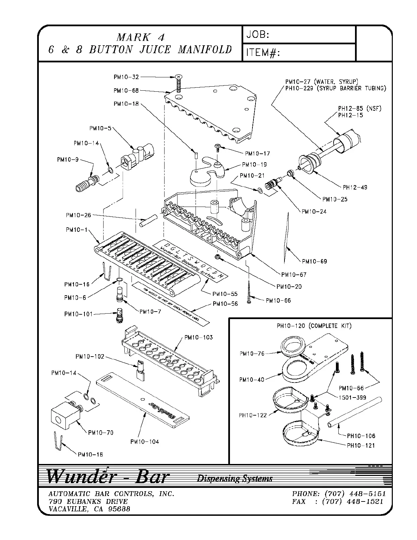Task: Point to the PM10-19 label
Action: tap(254, 165)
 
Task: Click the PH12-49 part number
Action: tap(355, 187)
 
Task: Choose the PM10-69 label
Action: tap(314, 261)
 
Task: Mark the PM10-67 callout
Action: tap(294, 274)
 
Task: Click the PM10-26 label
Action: tap(78, 215)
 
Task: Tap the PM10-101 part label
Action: tap(78, 314)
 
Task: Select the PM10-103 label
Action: tap(198, 337)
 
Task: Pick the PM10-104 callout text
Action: tap(144, 442)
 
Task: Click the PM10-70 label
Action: tap(101, 433)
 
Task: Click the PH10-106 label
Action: tap(361, 436)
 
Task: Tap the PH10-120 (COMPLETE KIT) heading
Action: tap(314, 326)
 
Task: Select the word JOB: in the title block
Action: tap(258, 35)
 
